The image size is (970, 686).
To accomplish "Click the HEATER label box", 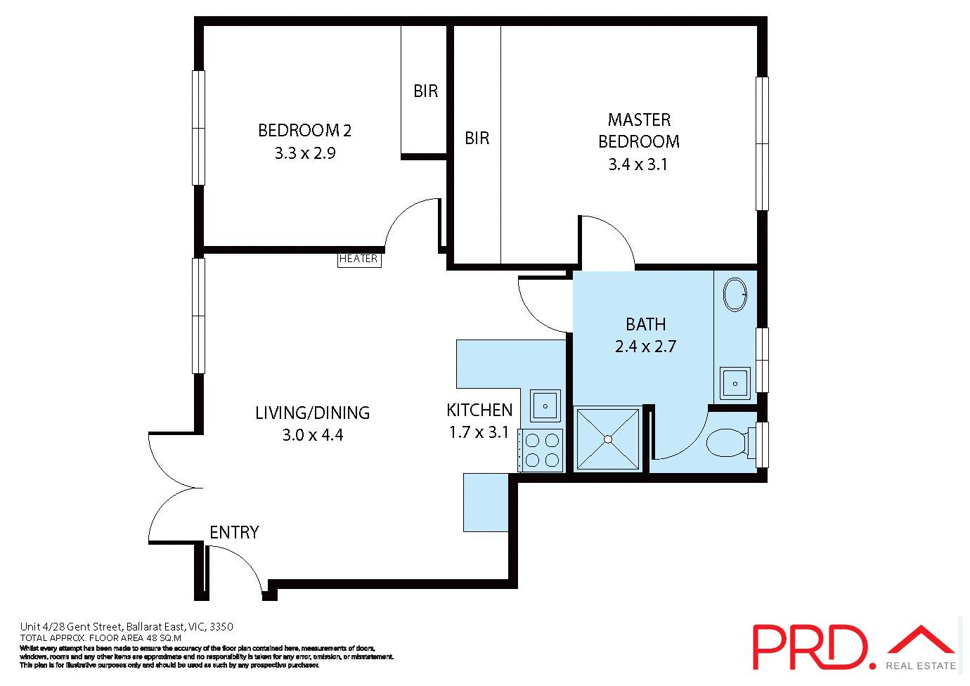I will point(359,259).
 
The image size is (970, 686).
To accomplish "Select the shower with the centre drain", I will point(608,439).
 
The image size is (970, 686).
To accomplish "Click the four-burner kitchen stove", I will point(541,450).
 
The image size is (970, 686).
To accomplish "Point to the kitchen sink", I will point(545,406).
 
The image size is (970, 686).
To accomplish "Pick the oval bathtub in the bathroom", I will point(735,295).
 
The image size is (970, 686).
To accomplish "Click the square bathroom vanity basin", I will point(735,384).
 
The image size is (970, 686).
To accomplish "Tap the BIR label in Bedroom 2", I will point(425,91).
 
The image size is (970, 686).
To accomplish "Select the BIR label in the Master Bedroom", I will point(477,138).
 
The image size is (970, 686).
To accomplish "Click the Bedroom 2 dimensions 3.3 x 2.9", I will point(305,153).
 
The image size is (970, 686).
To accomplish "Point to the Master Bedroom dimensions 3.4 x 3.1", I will point(638,164).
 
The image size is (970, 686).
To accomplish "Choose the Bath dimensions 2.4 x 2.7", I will point(645,347).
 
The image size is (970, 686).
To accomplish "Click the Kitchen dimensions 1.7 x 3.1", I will point(479,432).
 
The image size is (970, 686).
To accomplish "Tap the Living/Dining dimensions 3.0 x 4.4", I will point(313,435).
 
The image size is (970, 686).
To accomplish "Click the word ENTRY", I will point(234,533).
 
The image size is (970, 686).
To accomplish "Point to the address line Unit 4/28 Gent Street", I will point(127,627).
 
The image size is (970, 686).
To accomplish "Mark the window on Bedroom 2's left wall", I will point(199,128).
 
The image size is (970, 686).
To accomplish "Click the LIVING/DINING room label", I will point(312,413).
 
